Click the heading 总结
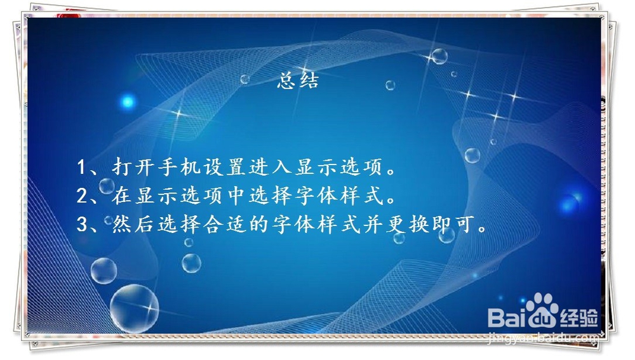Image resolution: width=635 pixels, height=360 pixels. [297, 82]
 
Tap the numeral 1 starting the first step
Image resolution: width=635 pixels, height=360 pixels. [81, 168]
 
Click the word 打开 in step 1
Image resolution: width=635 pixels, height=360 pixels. [133, 168]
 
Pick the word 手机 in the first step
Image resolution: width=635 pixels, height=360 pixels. [175, 168]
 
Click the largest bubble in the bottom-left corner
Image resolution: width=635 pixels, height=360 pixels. [134, 308]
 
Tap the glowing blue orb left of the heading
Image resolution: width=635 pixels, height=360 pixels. [128, 101]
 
